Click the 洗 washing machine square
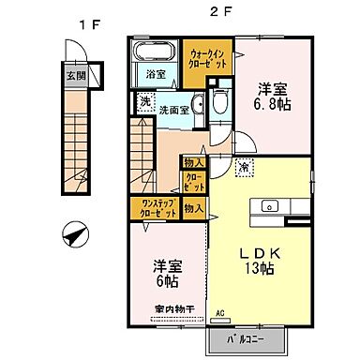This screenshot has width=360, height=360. click(x=146, y=102)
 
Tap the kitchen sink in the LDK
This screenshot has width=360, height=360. click(x=269, y=206)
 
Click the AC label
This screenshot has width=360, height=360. click(x=222, y=313)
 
